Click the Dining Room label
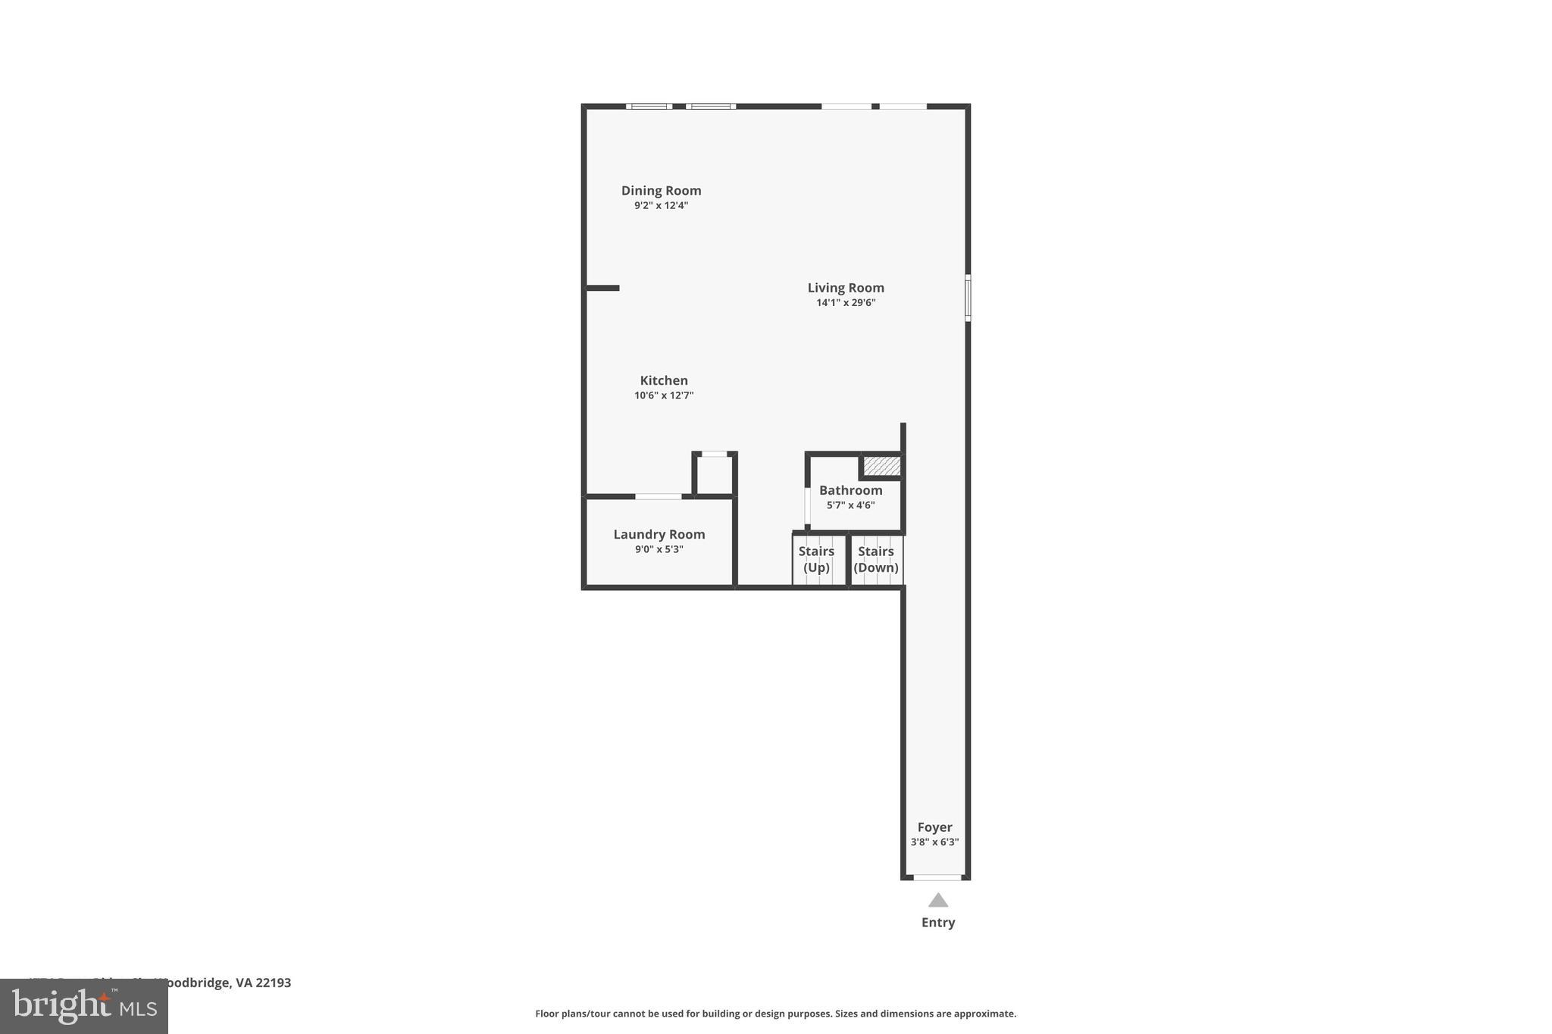pos(661,191)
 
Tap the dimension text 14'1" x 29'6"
pos(846,303)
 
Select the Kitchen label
pos(664,381)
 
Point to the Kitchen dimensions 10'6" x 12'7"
pos(664,395)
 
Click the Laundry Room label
pos(659,535)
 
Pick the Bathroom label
pos(850,491)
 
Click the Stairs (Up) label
pos(816,560)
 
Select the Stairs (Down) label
pos(876,560)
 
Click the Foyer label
pos(934,828)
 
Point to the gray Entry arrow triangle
pos(938,901)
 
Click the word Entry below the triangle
pos(938,923)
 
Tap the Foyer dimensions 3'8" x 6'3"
pos(934,842)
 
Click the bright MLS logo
pos(83,1007)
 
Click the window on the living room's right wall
pos(968,298)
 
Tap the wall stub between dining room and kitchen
pos(603,288)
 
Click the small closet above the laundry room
pos(714,475)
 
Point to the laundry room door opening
pos(658,497)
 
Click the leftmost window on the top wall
pos(649,107)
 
